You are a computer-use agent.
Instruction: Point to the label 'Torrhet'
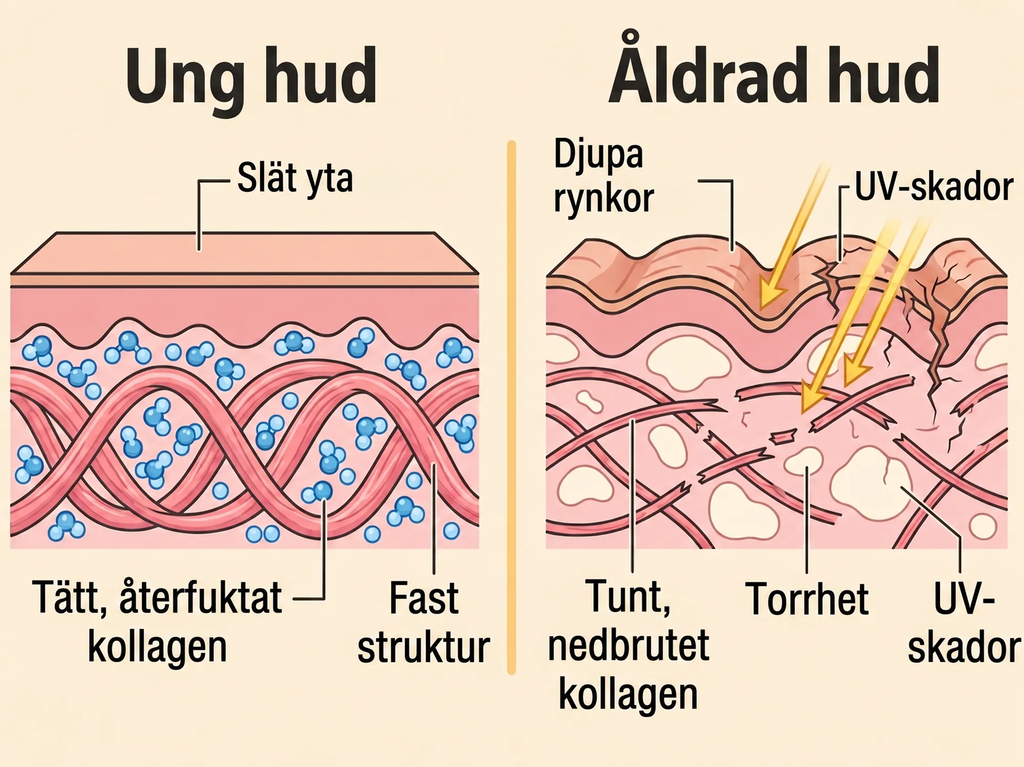pyautogui.click(x=807, y=598)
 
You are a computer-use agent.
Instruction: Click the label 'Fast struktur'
pyautogui.click(x=424, y=622)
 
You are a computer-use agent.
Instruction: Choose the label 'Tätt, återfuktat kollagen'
pyautogui.click(x=157, y=622)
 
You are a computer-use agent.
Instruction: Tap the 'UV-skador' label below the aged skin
pyautogui.click(x=965, y=622)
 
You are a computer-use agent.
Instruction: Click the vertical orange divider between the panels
pyautogui.click(x=511, y=407)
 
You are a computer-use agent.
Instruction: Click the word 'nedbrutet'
pyautogui.click(x=629, y=645)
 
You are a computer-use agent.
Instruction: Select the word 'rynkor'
pyautogui.click(x=603, y=198)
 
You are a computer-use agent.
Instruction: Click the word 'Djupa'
pyautogui.click(x=599, y=156)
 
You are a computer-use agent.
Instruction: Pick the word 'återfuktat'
pyautogui.click(x=201, y=598)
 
